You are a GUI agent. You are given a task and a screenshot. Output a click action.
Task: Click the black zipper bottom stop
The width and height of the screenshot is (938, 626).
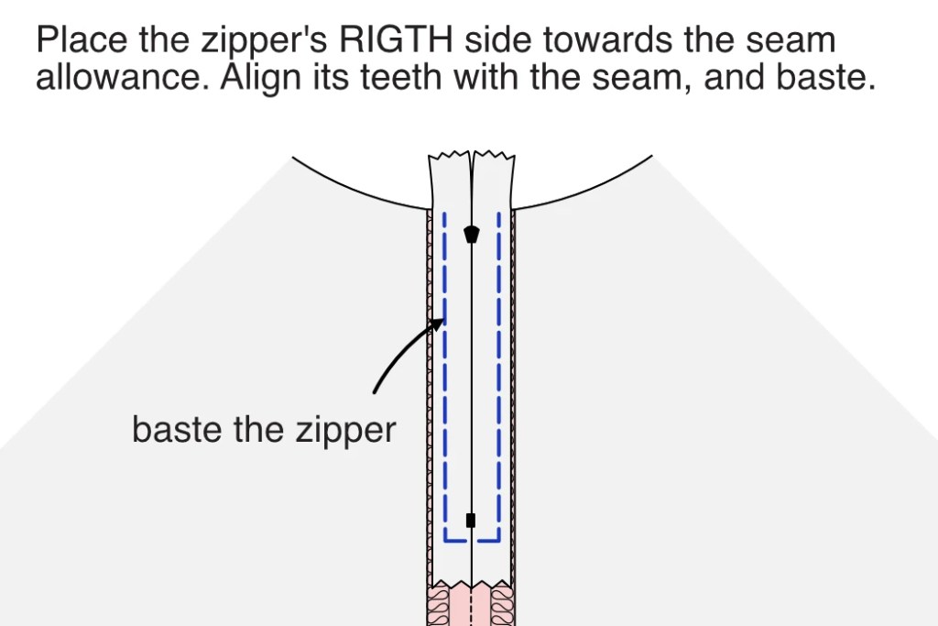(x=471, y=521)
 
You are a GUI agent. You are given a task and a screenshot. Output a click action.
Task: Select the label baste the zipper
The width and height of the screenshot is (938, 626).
(x=264, y=429)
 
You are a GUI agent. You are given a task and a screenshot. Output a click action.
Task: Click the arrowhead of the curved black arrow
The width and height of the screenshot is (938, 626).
(x=441, y=323)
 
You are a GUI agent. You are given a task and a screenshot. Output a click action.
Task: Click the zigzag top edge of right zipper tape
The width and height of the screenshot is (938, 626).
(x=492, y=154)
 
